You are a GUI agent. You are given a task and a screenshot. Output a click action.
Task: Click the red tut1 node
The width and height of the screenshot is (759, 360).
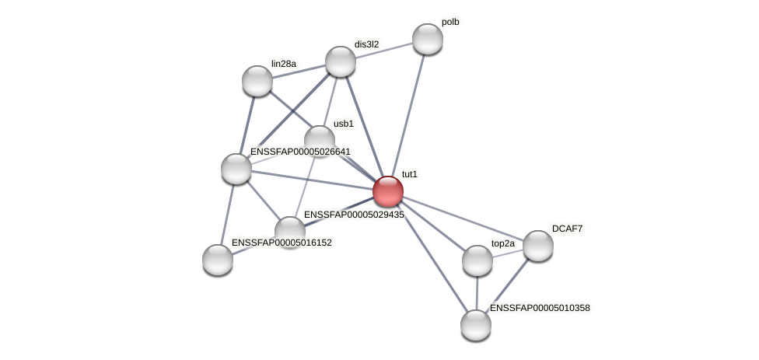coord(387,191)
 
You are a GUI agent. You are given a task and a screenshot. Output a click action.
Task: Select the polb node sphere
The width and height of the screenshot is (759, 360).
coord(427,39)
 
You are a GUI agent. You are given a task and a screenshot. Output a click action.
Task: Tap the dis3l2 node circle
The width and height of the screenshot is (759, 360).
coord(340,61)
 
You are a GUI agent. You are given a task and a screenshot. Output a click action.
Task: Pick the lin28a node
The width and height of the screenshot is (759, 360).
coord(257,81)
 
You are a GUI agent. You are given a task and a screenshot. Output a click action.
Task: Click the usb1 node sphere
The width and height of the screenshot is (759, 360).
coord(319,140)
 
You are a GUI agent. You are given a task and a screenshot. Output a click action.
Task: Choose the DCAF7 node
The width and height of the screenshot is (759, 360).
coord(537,246)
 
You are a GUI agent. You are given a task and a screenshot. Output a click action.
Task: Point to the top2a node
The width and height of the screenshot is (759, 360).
coord(477,260)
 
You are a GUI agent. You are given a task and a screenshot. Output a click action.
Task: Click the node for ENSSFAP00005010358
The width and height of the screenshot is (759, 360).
coord(475,325)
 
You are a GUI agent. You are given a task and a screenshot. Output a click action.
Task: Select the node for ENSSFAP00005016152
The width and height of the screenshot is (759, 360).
coord(218,260)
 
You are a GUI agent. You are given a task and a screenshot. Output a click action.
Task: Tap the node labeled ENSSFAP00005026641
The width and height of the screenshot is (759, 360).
coord(236,169)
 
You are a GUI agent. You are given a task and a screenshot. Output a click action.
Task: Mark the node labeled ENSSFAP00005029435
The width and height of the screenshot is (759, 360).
coord(290,231)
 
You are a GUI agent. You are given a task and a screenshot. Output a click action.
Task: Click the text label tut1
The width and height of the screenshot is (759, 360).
coord(409,174)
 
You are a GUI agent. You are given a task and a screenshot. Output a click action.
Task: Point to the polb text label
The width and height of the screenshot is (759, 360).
coord(449,22)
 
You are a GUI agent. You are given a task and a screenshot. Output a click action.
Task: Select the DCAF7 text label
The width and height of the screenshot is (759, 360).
coord(567,229)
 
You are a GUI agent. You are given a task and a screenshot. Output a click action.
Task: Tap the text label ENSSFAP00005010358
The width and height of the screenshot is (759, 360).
coord(540,308)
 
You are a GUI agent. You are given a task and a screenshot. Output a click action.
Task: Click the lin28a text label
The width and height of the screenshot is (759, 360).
coord(284,64)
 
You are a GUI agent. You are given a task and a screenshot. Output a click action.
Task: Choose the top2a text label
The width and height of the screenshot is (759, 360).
coord(502,243)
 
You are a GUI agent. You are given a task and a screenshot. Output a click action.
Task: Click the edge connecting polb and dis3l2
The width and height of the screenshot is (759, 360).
coord(383,50)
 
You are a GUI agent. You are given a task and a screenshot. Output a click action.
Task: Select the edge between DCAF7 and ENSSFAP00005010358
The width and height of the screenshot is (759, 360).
coord(506,285)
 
